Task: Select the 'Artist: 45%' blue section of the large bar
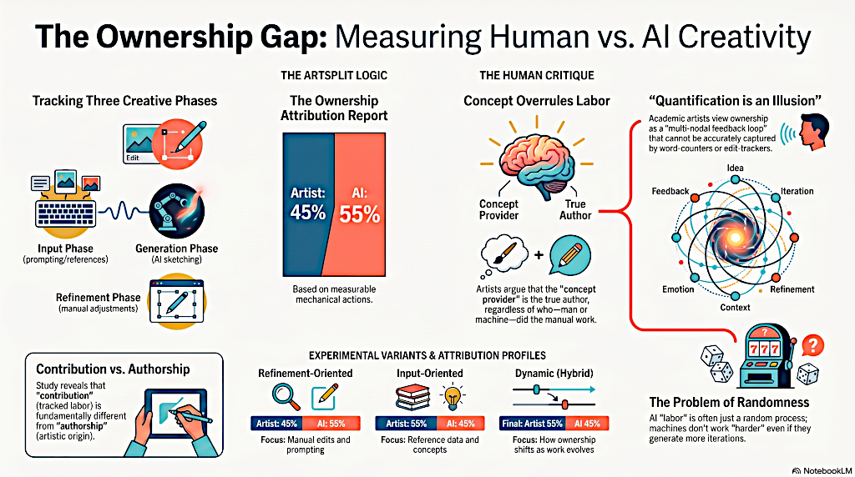tap(308, 204)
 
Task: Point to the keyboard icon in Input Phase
tap(65, 214)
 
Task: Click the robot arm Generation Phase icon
tap(177, 211)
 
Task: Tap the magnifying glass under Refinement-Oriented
tap(286, 396)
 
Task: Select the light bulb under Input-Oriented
tap(452, 396)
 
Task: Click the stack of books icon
tap(412, 397)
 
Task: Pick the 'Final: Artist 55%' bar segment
tap(532, 423)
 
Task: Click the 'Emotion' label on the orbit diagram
tap(678, 289)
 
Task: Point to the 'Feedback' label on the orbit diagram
tap(670, 191)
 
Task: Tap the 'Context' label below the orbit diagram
tap(735, 308)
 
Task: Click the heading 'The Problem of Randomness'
tap(729, 403)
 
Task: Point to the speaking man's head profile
tap(814, 133)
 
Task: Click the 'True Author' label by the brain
tap(575, 209)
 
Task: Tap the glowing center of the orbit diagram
tap(735, 238)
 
